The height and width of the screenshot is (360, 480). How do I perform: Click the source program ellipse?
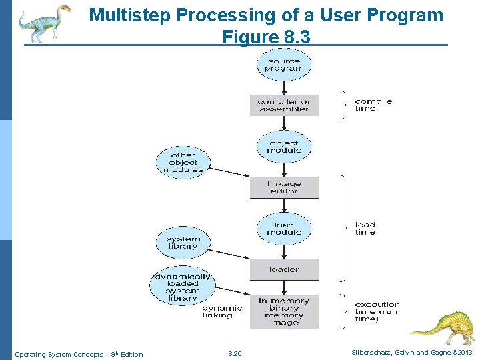[284, 65]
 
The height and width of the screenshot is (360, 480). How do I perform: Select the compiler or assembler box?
[284, 105]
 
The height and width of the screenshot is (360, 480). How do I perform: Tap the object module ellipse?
[284, 147]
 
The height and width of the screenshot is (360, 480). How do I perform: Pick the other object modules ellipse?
[183, 162]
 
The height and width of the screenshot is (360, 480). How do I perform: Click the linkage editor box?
[284, 187]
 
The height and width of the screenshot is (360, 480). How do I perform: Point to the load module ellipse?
[284, 229]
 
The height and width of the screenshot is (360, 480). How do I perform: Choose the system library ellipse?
[183, 243]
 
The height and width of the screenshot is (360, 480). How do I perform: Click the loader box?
[284, 269]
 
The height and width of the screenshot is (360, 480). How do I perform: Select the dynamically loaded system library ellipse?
[183, 287]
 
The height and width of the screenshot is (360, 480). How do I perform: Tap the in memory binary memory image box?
[284, 311]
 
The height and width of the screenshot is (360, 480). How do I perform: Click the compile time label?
[373, 105]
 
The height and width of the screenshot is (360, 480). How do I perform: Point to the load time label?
[365, 229]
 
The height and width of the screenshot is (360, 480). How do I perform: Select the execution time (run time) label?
[377, 311]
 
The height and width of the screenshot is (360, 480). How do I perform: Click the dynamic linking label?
[222, 311]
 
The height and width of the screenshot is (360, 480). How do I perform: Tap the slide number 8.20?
[235, 354]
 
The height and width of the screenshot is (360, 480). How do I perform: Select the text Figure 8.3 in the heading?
[266, 37]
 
